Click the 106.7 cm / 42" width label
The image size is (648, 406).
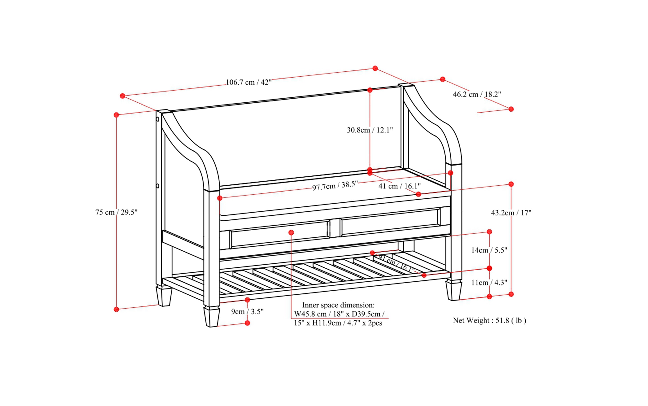tap(249, 82)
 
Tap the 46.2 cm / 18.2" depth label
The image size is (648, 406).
tap(477, 94)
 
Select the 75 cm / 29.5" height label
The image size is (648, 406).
tap(116, 212)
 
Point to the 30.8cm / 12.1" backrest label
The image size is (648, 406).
tap(370, 130)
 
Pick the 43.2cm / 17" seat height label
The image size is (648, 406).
tap(511, 213)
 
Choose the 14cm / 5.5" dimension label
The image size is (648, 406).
tap(489, 250)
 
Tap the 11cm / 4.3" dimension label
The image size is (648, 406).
tap(489, 282)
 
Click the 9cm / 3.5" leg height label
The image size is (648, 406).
tap(247, 312)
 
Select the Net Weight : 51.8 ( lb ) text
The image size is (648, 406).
tap(489, 320)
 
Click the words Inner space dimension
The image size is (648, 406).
tap(338, 305)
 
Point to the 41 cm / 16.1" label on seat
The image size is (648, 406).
tap(399, 186)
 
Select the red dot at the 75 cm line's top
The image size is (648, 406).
tap(116, 115)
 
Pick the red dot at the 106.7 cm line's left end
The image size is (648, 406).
tap(122, 96)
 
